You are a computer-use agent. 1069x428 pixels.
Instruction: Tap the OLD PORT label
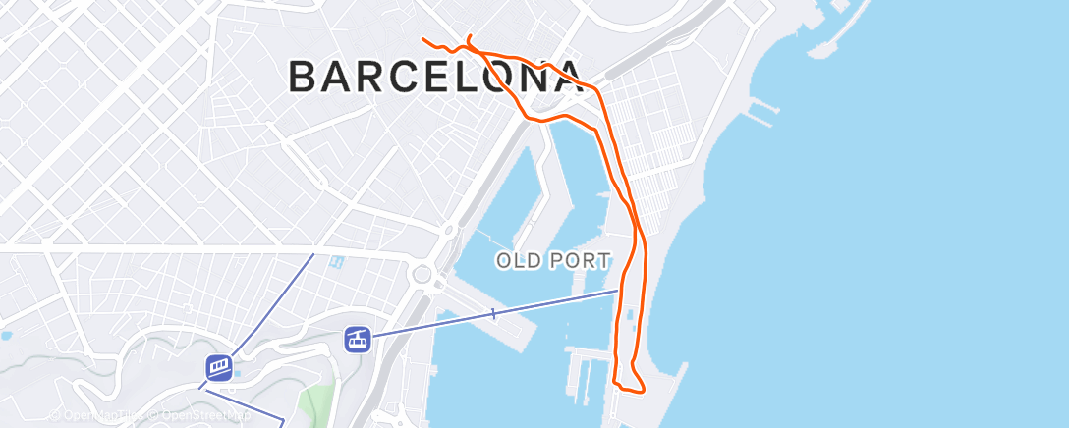(553, 261)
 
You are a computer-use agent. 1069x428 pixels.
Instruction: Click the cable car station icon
(357, 340)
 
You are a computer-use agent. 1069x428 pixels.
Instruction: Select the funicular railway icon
(219, 367)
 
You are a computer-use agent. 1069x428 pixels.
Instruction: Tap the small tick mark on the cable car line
(493, 314)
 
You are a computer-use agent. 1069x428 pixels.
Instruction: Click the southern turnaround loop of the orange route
(630, 383)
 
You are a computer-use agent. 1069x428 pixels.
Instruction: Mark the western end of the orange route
(423, 39)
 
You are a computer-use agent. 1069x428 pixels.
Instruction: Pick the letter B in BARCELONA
(305, 77)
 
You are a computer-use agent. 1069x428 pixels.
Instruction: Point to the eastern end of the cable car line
(619, 290)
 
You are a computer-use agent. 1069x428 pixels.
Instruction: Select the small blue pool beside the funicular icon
(237, 373)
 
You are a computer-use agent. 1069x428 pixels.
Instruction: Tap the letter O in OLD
(505, 261)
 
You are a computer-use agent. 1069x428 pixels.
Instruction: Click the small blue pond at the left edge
(6, 335)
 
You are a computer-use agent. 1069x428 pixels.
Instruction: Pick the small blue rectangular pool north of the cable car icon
(338, 263)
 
